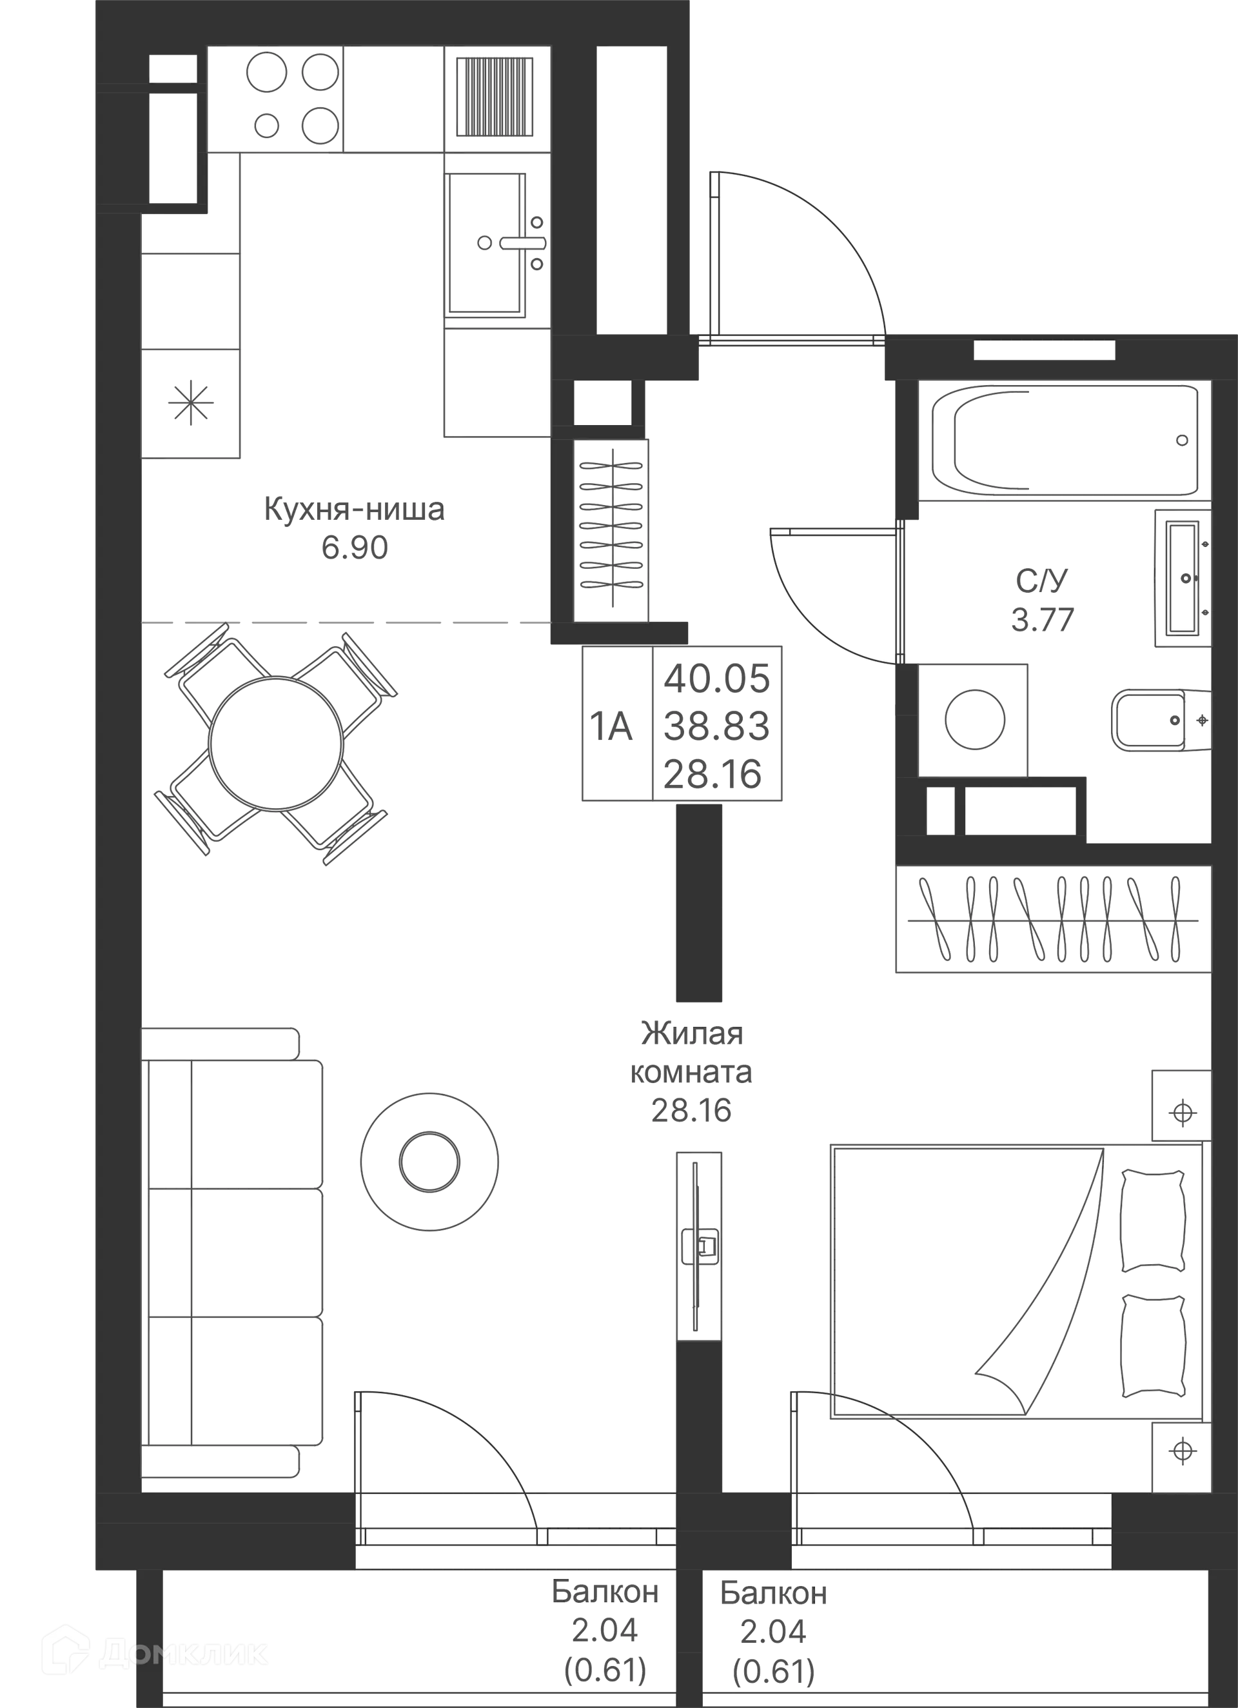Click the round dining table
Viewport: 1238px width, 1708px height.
click(277, 742)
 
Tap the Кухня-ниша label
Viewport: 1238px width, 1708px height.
click(355, 508)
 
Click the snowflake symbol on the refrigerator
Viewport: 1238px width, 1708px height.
click(190, 402)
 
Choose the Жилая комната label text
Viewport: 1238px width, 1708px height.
click(691, 1053)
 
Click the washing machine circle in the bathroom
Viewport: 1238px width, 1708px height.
click(974, 719)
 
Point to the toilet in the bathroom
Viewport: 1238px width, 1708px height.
click(1156, 720)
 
